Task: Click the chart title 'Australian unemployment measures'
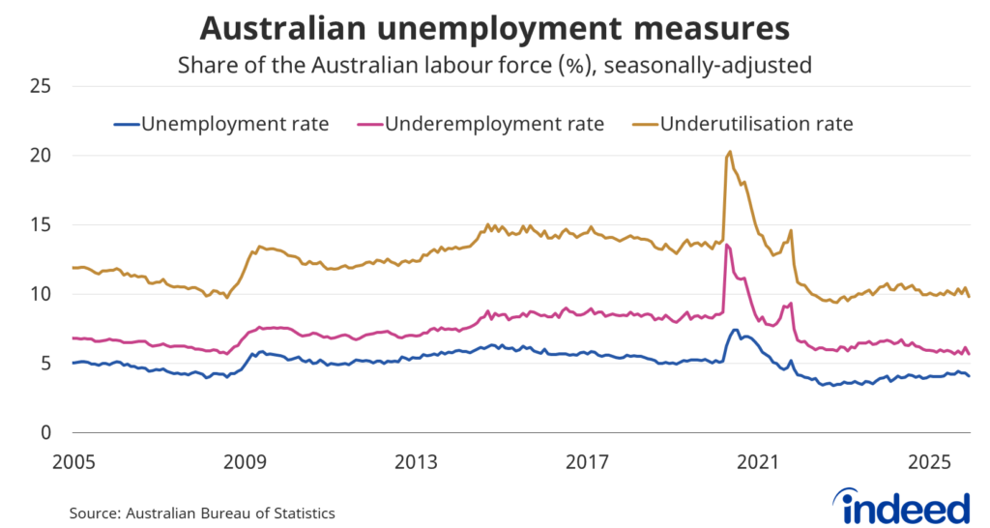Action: point(494,28)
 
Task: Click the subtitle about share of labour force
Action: point(494,67)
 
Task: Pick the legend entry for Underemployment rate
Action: point(494,124)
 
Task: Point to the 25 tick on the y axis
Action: point(40,86)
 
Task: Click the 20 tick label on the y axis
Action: point(40,156)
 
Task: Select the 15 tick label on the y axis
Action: point(40,225)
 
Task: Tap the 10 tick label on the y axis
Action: point(40,294)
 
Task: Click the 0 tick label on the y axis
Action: point(45,433)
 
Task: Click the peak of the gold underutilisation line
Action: point(729,151)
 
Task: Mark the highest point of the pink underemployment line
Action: point(726,245)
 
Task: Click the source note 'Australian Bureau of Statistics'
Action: point(202,513)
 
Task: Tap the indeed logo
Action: point(905,506)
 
